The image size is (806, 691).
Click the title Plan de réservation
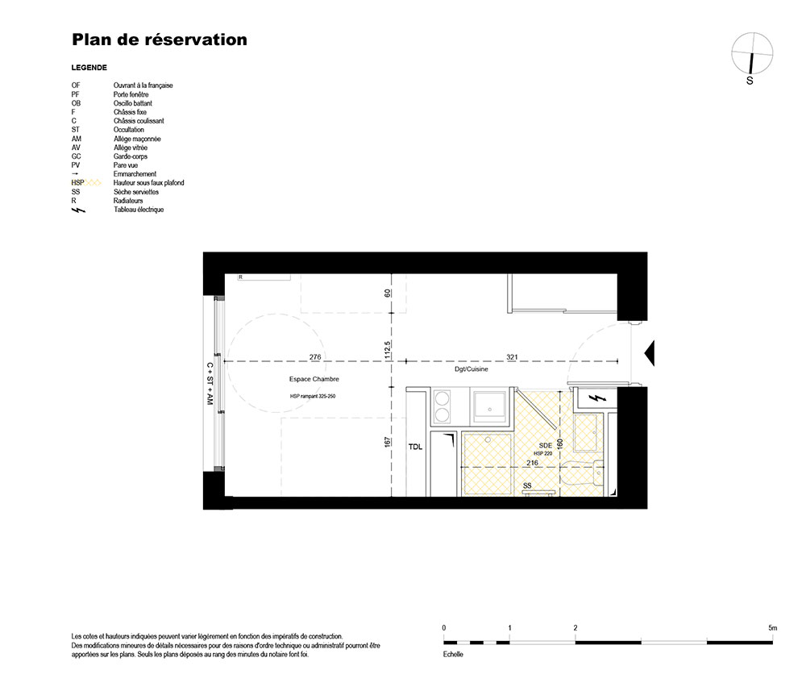pyautogui.click(x=160, y=40)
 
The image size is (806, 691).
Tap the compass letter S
pyautogui.click(x=750, y=81)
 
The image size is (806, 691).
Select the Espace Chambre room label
pyautogui.click(x=314, y=379)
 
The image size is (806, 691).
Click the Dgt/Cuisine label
pyautogui.click(x=472, y=369)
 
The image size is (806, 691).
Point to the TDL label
pyautogui.click(x=415, y=447)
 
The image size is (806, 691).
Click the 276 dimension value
pyautogui.click(x=315, y=357)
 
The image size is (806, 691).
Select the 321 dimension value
pyautogui.click(x=512, y=357)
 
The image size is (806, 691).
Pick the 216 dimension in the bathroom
pyautogui.click(x=533, y=463)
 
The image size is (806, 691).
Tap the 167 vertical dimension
pyautogui.click(x=388, y=442)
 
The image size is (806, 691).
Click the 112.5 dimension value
pyautogui.click(x=388, y=350)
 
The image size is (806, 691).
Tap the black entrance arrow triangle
pyautogui.click(x=649, y=353)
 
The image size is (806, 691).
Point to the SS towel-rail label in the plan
pyautogui.click(x=527, y=485)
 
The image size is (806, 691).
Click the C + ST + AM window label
pyautogui.click(x=210, y=383)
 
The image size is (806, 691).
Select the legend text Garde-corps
pyautogui.click(x=131, y=156)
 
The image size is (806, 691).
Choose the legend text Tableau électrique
pyautogui.click(x=139, y=210)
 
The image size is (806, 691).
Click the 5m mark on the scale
pyautogui.click(x=773, y=628)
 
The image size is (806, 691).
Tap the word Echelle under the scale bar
pyautogui.click(x=453, y=655)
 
